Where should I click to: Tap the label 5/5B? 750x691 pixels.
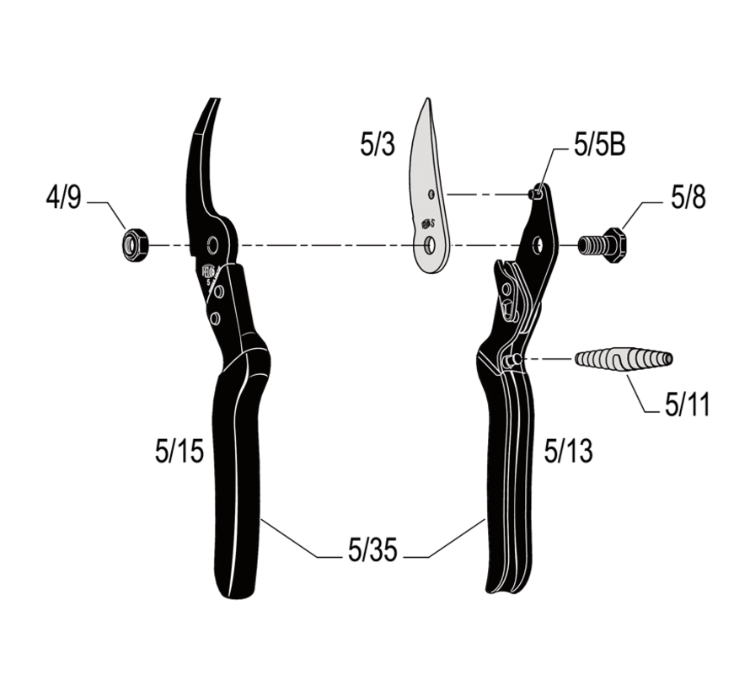coord(599,145)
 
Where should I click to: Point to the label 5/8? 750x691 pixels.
coord(688,199)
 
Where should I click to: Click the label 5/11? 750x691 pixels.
coord(687,406)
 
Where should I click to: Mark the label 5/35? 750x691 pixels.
coord(372,553)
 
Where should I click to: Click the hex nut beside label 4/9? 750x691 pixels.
coord(134,245)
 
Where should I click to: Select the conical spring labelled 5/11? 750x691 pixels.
coord(624,359)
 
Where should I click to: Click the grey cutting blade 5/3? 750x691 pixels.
coord(426,190)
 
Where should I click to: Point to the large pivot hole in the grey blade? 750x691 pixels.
coord(431,245)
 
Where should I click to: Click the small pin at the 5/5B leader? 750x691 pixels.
coord(533,194)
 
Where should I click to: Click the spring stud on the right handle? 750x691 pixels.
coord(511,360)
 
